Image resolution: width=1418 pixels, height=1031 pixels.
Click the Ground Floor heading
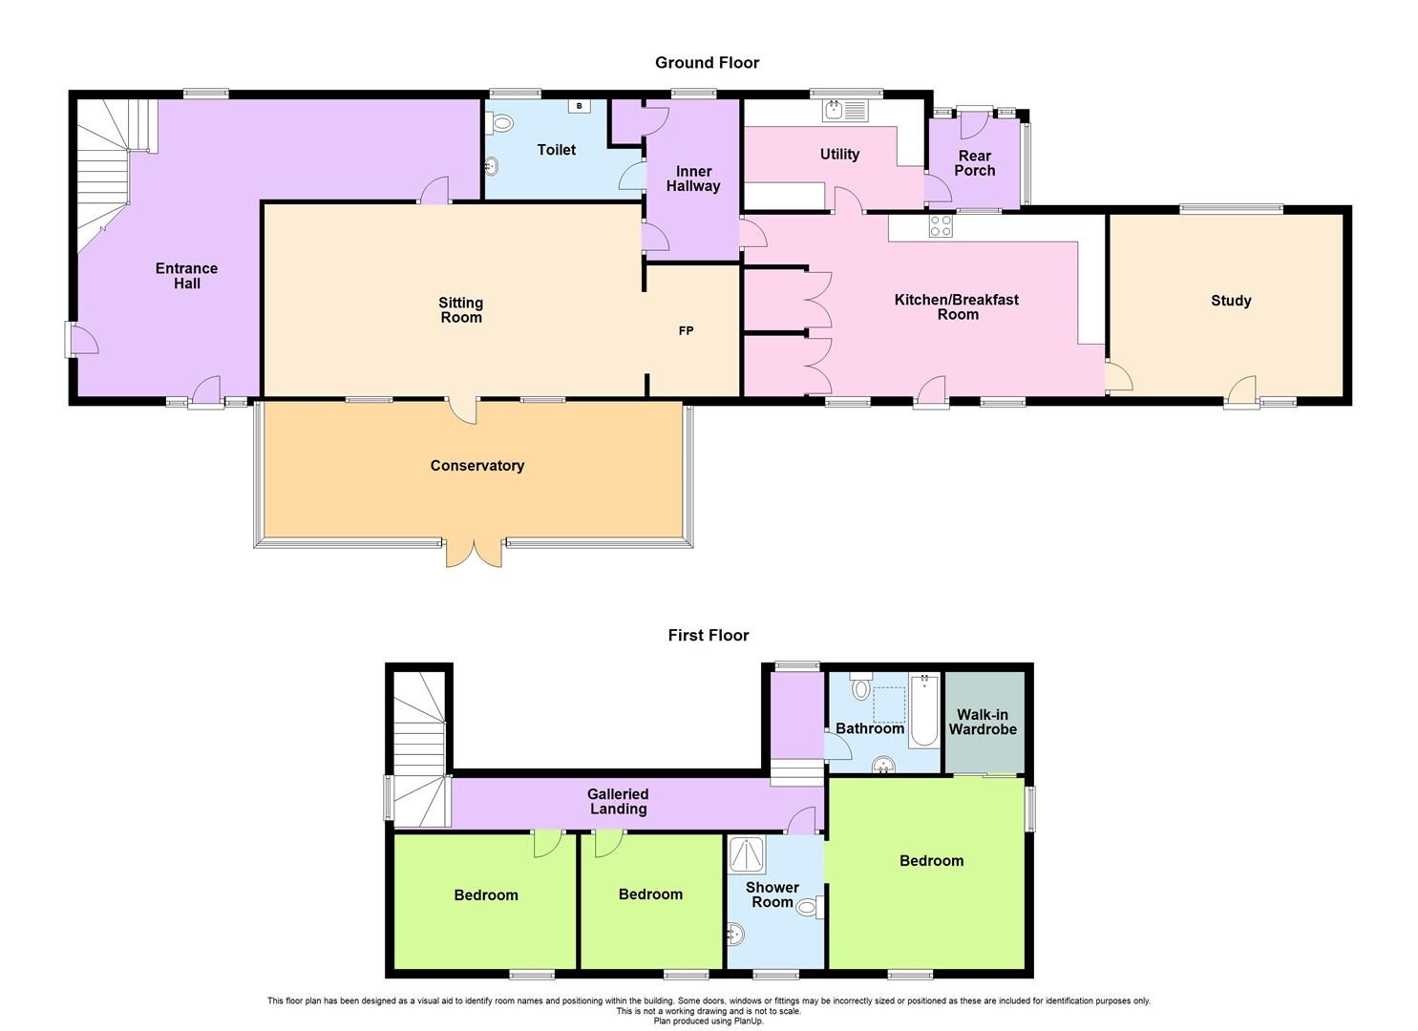(707, 63)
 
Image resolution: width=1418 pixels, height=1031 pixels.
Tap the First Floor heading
(708, 636)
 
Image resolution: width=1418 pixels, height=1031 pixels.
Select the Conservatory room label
(476, 466)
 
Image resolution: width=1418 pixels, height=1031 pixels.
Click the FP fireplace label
(686, 331)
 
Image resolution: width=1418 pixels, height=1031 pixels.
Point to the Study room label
(1230, 301)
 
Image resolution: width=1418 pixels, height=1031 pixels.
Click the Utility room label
(839, 155)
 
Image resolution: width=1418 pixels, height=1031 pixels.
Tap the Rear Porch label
(974, 163)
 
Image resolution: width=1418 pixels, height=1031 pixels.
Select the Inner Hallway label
(692, 179)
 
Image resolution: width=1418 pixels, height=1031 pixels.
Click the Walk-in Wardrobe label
(983, 723)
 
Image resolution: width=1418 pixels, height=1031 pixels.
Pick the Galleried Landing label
(618, 801)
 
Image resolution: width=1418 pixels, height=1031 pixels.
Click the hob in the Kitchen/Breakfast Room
(941, 226)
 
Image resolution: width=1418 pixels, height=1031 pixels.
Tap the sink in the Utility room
(844, 110)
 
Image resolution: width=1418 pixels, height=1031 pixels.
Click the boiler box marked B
(579, 106)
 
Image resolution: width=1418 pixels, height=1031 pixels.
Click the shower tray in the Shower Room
(747, 855)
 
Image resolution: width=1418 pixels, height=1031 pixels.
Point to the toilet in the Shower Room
(811, 907)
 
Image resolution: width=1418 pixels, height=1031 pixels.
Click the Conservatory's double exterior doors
(474, 553)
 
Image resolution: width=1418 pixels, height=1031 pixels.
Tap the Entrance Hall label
(186, 276)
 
